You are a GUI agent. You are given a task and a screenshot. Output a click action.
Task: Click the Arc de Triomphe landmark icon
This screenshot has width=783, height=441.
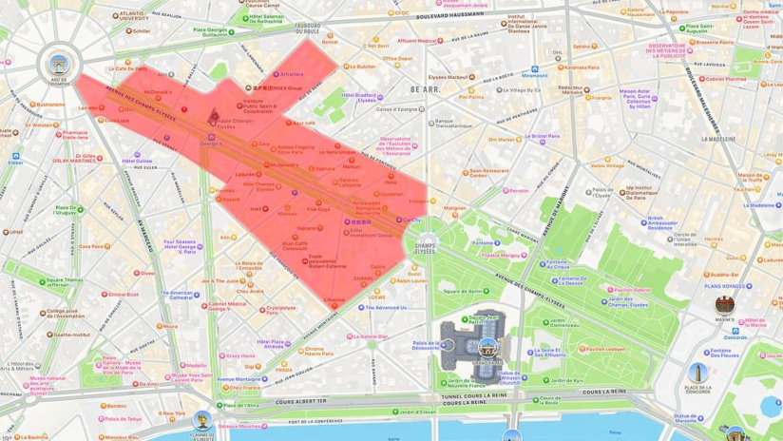[59, 65]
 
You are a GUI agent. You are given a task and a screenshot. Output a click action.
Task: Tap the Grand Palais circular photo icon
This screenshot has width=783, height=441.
[487, 349]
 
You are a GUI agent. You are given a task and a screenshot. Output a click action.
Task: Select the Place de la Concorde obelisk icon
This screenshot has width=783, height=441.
[698, 372]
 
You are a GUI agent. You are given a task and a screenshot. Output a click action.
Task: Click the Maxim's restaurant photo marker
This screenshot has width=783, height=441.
[725, 304]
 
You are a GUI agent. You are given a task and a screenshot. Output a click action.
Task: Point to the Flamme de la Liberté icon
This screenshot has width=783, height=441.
[201, 419]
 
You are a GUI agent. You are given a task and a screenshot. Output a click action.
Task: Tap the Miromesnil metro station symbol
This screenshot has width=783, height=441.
[535, 69]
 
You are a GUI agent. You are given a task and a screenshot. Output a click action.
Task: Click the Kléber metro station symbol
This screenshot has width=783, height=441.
[15, 155]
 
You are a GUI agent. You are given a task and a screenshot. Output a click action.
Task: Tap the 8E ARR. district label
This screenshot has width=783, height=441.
[425, 89]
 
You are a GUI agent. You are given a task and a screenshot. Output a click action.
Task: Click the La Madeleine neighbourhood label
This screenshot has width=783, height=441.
[718, 139]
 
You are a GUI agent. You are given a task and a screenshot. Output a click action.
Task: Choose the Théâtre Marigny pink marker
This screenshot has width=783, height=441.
[477, 255]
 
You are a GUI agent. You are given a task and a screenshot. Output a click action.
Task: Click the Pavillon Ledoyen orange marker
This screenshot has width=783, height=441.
[582, 349]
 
